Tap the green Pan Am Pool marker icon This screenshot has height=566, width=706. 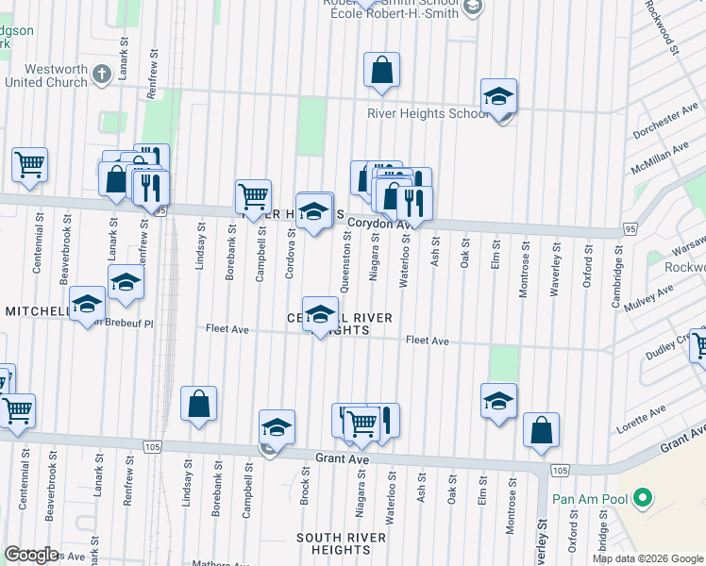tap(644, 495)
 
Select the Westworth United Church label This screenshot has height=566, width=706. tap(57, 75)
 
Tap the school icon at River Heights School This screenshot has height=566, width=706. tap(498, 97)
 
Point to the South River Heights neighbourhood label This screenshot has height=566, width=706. tap(342, 544)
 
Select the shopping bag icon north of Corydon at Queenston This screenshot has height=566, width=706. tap(381, 70)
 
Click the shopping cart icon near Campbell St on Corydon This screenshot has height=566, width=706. tap(253, 197)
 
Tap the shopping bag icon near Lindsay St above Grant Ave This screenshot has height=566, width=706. tap(199, 405)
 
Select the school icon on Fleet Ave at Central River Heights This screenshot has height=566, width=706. tap(320, 314)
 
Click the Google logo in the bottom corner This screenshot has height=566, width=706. tap(31, 555)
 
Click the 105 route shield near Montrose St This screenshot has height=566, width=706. tap(561, 470)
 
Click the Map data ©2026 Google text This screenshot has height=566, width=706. tap(647, 558)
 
